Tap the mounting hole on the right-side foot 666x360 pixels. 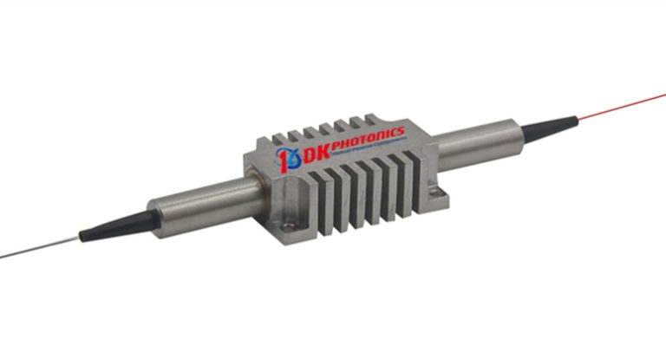click(422, 185)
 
